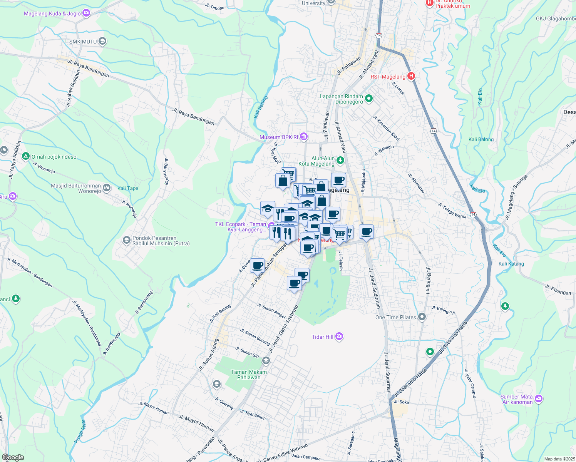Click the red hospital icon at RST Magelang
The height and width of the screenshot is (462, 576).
point(411,76)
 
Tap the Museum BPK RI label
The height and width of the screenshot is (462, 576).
point(279,137)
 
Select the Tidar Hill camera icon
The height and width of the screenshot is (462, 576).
point(339,337)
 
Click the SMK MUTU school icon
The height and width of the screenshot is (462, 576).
point(102,42)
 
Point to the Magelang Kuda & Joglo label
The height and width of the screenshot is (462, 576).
point(52,13)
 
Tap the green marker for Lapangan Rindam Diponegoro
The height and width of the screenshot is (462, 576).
point(368,99)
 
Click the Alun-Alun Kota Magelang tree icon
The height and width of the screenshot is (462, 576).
point(340,160)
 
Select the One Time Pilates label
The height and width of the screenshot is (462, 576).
point(396,317)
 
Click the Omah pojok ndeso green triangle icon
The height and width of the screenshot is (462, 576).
point(26,156)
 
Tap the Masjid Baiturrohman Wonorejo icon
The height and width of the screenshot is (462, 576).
point(107,188)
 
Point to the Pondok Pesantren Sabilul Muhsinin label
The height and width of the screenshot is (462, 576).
point(161,241)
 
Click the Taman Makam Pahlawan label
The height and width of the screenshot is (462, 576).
point(249,375)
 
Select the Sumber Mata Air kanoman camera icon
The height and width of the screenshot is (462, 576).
point(539,399)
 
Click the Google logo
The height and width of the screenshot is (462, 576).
point(13,457)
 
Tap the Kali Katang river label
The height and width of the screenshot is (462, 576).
point(511,264)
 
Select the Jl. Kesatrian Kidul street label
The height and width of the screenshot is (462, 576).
point(386,128)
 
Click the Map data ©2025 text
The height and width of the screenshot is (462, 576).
point(559,459)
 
